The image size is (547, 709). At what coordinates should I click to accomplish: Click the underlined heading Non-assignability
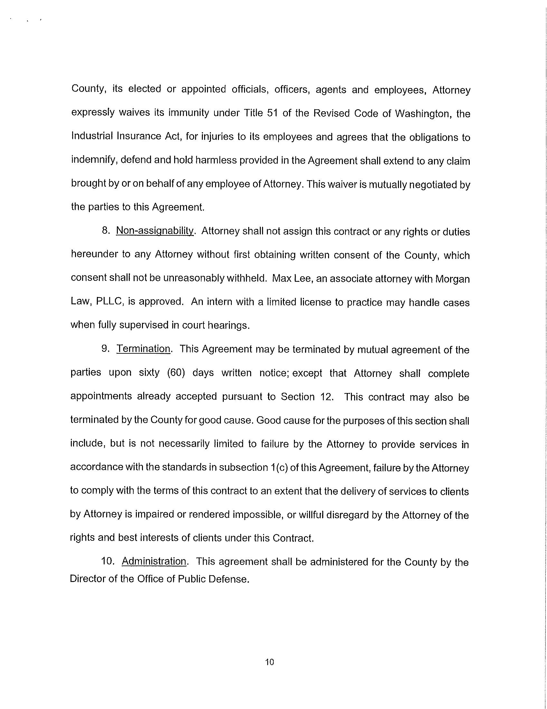point(155,231)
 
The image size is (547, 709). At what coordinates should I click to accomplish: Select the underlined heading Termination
point(143,349)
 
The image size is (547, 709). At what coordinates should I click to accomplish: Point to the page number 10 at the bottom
point(269,662)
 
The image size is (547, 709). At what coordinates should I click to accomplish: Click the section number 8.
point(105,231)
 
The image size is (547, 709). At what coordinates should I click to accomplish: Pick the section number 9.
point(105,349)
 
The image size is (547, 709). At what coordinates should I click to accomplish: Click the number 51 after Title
point(272,113)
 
